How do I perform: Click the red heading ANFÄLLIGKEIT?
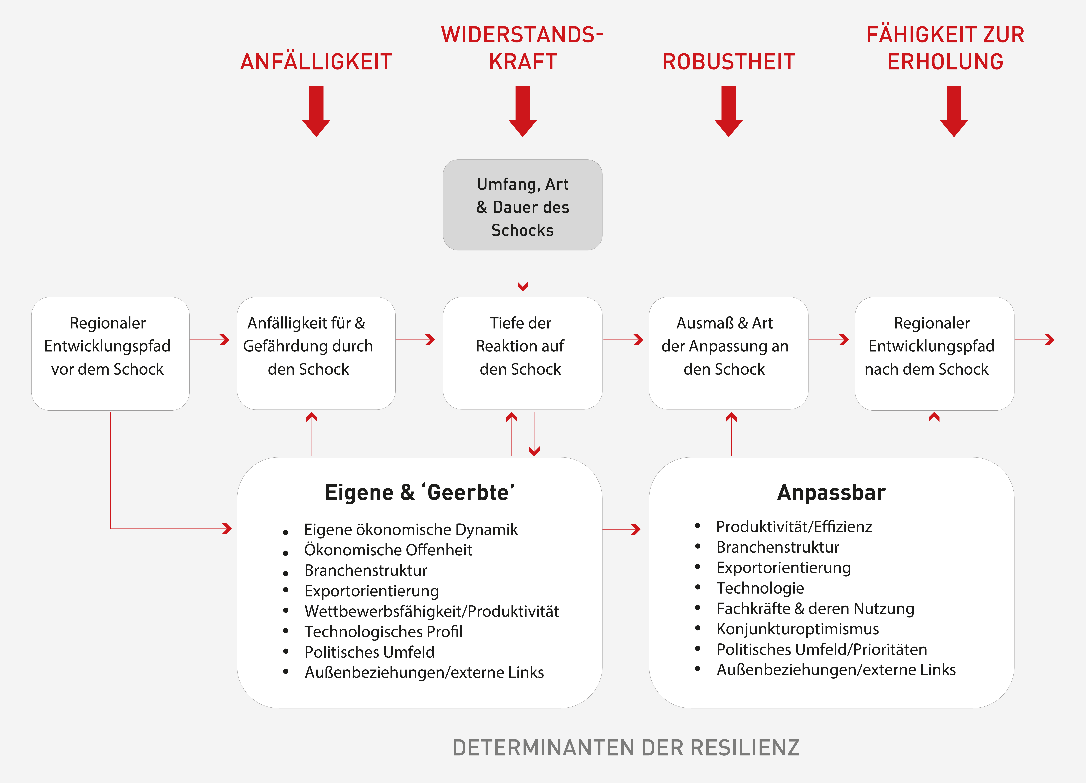[x=316, y=62]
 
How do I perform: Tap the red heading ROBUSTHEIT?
[x=728, y=62]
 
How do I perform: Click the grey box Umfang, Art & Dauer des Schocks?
[x=522, y=205]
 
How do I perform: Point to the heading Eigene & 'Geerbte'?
[x=419, y=492]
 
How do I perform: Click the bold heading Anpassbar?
[x=831, y=492]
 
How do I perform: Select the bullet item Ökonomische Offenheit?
[x=388, y=550]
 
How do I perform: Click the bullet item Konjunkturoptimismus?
[x=797, y=629]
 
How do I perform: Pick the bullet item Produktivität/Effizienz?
[x=794, y=527]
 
